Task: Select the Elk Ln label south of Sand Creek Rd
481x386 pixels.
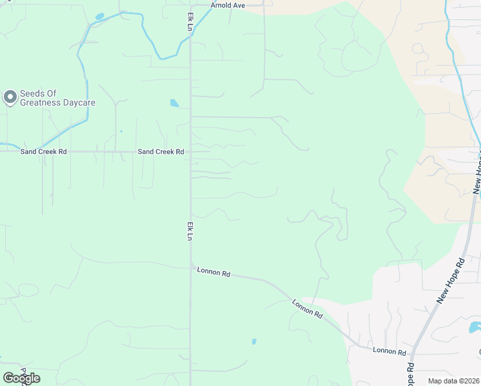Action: coord(190,232)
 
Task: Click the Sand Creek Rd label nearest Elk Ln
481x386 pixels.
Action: coord(161,152)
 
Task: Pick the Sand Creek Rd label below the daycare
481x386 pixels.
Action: coord(43,152)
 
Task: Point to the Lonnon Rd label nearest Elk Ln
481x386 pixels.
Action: coord(213,273)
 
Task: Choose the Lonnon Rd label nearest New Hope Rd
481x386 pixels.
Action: coord(390,352)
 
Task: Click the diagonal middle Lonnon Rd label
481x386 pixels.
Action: coord(307,308)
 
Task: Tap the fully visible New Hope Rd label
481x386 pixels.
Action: coord(450,281)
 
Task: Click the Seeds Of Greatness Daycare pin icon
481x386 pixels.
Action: coord(10,97)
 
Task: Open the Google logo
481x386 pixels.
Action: coord(21,378)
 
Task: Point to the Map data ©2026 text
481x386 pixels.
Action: coord(453,381)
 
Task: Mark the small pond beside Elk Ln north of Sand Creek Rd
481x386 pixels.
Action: coord(174,103)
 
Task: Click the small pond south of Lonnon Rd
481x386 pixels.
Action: coord(254,342)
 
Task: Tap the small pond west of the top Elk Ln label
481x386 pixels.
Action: coord(99,16)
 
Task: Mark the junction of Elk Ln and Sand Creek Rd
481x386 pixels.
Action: coord(190,152)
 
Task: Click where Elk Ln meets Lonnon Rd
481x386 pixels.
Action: coord(191,265)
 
